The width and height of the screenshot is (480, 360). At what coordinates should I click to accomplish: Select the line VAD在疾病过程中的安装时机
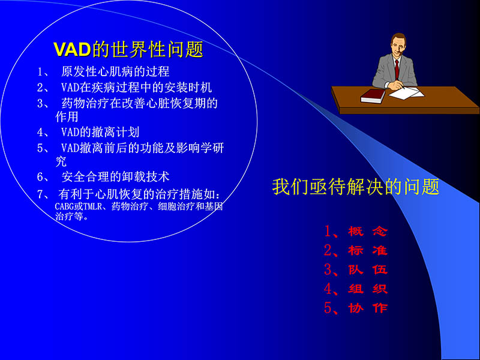[136, 87]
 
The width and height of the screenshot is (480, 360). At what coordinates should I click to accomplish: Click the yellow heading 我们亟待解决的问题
[355, 187]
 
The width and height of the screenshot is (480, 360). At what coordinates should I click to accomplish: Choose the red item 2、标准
[355, 250]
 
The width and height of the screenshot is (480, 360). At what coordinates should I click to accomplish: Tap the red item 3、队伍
[355, 269]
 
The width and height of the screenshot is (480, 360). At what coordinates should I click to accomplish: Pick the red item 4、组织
[355, 289]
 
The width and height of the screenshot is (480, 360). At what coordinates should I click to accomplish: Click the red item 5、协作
[355, 308]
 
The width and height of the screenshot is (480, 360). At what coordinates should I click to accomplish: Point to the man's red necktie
[397, 67]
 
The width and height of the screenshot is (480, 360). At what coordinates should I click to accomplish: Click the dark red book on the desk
[373, 95]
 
